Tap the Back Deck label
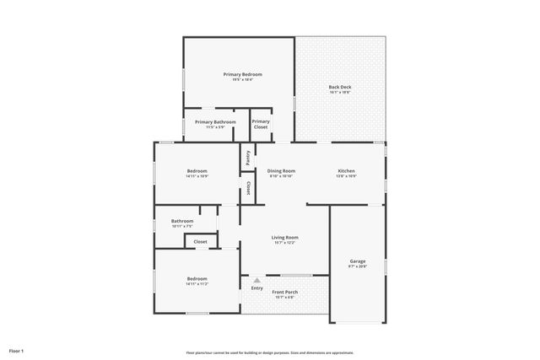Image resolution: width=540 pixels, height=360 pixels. point(340,87)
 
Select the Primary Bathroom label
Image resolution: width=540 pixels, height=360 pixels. point(215,122)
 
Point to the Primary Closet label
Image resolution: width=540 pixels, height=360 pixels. point(261,124)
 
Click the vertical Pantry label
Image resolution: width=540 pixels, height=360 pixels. point(247,157)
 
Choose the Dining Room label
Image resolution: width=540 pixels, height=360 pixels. point(282,170)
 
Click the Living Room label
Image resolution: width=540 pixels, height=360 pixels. point(284,238)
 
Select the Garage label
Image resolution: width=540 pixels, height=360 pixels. point(358,261)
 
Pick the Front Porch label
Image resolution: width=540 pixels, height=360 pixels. point(285,292)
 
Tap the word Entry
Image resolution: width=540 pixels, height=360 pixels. point(257,288)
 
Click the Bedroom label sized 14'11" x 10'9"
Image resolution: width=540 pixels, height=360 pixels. point(197,171)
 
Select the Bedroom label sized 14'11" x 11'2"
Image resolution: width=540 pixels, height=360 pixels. point(197,279)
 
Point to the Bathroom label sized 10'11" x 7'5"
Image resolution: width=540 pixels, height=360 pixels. point(182,221)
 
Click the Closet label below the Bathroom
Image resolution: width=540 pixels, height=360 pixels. point(200,242)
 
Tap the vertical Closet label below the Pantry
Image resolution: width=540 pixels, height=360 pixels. point(248,187)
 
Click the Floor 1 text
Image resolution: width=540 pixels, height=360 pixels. point(17,350)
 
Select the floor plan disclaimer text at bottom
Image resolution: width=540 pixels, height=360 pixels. point(269,352)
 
